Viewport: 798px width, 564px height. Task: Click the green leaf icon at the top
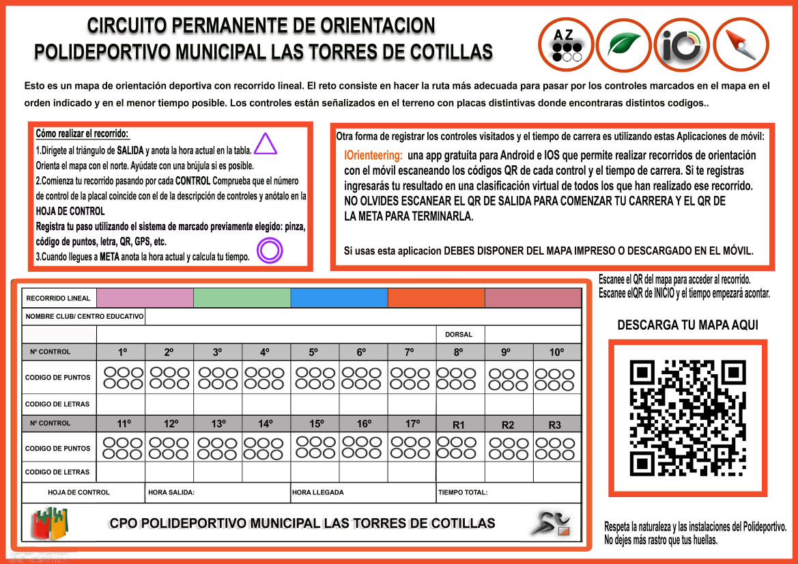(623, 45)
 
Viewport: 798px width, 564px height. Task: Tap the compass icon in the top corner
(740, 45)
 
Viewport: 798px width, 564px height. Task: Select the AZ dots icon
(566, 45)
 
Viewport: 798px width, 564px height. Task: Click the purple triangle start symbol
(265, 143)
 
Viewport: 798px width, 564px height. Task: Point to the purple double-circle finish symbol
(270, 251)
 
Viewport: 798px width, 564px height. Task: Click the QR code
(687, 418)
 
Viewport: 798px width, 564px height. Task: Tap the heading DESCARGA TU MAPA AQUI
(687, 326)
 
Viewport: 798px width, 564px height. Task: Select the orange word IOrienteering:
(373, 156)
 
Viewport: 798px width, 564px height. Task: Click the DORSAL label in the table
(459, 335)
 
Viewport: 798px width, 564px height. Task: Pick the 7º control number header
(410, 352)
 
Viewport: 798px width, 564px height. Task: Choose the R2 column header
(508, 425)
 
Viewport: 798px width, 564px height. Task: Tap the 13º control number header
(218, 424)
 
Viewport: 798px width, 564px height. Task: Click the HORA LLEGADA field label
(317, 492)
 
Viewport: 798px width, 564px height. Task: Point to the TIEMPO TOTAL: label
(463, 492)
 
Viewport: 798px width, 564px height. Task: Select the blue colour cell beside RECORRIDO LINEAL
(339, 298)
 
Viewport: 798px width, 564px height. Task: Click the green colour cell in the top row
(242, 298)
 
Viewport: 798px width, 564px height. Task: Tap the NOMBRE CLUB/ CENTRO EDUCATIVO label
(84, 317)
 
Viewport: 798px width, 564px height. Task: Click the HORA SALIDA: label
(171, 492)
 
